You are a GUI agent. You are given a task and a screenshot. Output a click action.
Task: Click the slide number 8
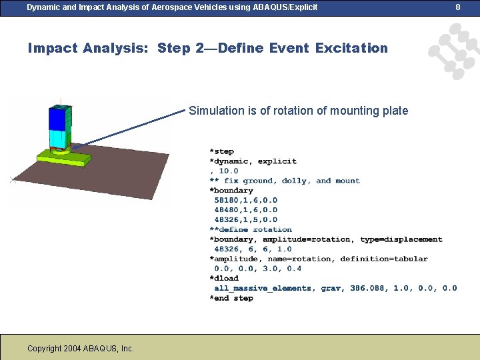coord(458,7)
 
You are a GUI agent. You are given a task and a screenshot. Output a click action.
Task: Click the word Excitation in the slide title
coord(351,48)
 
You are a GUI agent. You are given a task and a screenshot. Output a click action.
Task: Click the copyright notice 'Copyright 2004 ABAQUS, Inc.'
coord(81,349)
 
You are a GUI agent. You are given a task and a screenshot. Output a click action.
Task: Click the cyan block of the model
coord(59,138)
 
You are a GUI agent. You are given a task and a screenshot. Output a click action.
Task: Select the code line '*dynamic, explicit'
coord(253,161)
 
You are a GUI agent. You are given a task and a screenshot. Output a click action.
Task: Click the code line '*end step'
coord(231,298)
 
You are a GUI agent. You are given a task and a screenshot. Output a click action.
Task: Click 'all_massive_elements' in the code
coord(263,288)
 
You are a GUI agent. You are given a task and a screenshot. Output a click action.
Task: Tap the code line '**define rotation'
coord(251,229)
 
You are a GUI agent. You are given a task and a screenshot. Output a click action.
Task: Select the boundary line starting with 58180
coord(245,200)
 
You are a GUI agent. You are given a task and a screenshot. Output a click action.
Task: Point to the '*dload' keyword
coord(224,278)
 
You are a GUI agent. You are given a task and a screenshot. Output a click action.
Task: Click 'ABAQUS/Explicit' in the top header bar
coord(282,7)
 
